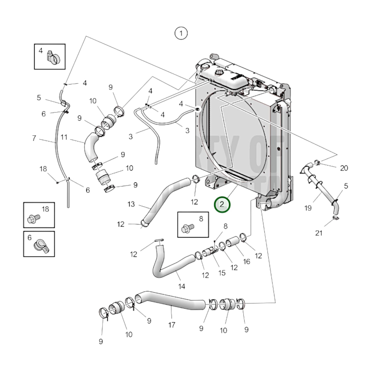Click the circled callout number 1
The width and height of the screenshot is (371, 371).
181,33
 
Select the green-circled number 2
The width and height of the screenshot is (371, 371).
222,205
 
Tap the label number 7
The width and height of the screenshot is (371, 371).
34,138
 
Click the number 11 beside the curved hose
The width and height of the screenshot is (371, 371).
64,137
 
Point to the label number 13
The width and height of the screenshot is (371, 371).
131,204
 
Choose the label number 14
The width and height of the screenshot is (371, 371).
182,286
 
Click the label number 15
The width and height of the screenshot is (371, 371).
222,273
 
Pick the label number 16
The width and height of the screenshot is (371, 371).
246,261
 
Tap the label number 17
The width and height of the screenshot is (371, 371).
172,325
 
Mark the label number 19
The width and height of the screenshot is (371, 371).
308,208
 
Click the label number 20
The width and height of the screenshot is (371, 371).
344,168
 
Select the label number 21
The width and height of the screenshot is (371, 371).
319,233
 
